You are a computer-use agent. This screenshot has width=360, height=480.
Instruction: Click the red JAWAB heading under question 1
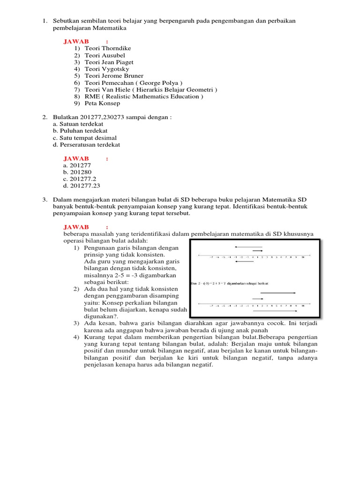[76, 42]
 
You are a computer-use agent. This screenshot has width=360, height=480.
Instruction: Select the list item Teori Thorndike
[108, 48]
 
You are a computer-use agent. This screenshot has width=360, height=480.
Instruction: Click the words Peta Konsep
[102, 103]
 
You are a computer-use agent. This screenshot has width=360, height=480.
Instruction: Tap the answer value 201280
[81, 172]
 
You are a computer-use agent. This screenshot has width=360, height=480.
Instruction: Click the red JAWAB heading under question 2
[76, 158]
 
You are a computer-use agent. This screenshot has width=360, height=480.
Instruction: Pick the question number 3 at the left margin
[45, 200]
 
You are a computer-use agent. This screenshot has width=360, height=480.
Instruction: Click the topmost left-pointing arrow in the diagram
[248, 247]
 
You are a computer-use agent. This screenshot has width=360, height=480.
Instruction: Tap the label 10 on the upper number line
[303, 257]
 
